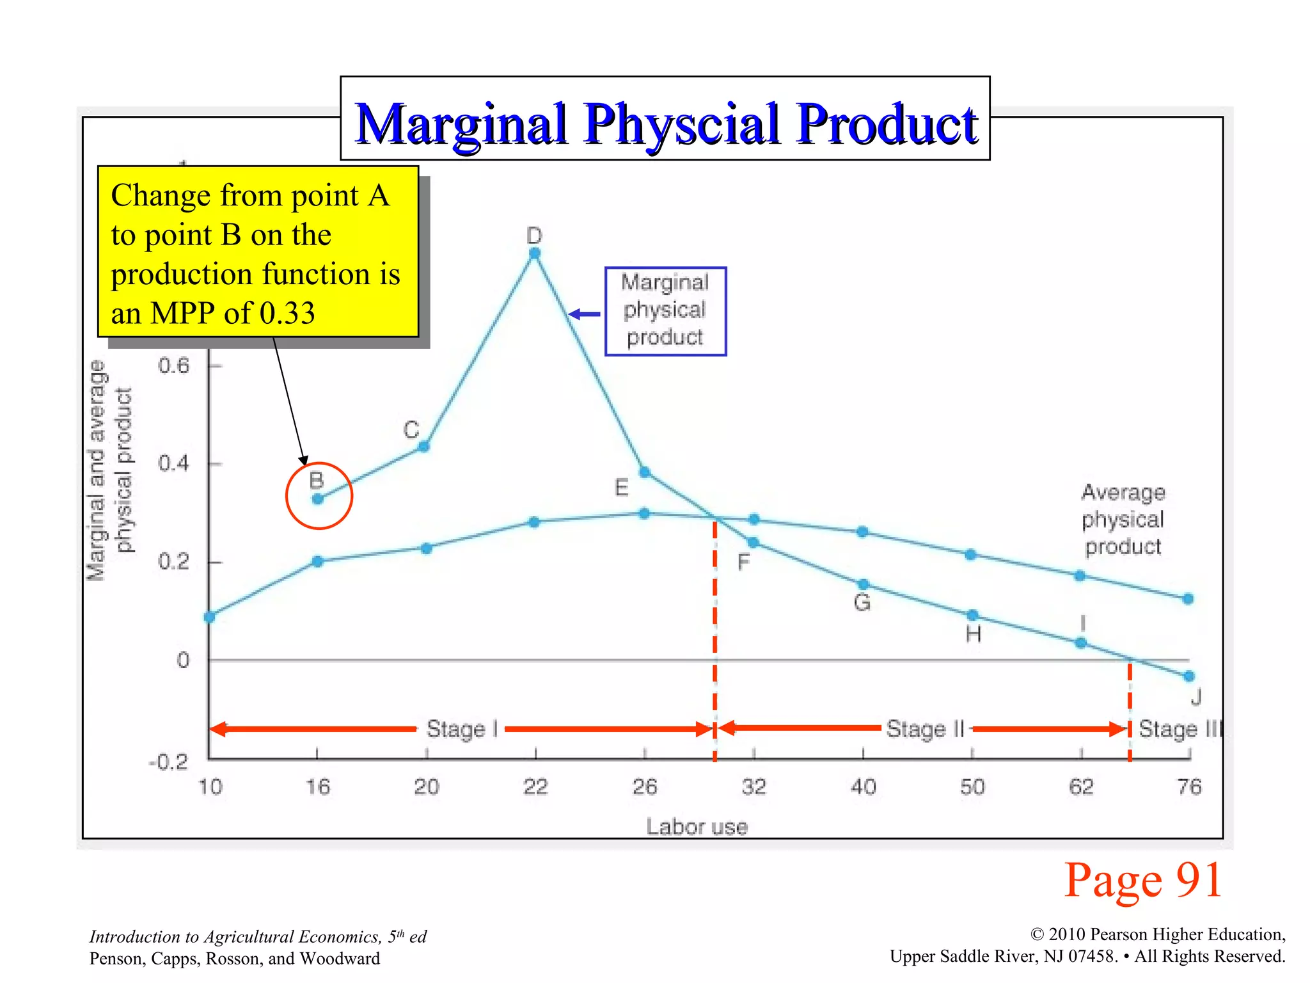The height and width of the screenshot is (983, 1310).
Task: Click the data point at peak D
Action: [535, 253]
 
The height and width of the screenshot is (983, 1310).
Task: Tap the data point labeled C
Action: [423, 446]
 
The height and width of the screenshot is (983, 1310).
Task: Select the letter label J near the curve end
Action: [1196, 697]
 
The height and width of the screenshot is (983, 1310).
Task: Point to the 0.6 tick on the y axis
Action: [174, 366]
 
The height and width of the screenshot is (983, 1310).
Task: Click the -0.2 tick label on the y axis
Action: [168, 762]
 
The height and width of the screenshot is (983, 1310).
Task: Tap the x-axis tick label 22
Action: [535, 787]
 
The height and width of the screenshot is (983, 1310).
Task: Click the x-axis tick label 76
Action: [1189, 787]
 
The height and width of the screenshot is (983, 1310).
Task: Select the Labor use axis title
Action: [697, 827]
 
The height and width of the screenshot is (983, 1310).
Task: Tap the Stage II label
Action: [924, 729]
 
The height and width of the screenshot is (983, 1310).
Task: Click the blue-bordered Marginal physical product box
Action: [665, 311]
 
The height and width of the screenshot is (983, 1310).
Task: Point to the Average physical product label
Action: [1123, 519]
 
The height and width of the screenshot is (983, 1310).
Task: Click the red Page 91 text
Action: [1143, 881]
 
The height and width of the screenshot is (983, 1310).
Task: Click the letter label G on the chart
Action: [862, 602]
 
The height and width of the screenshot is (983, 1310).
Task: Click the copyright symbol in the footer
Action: [1037, 935]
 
